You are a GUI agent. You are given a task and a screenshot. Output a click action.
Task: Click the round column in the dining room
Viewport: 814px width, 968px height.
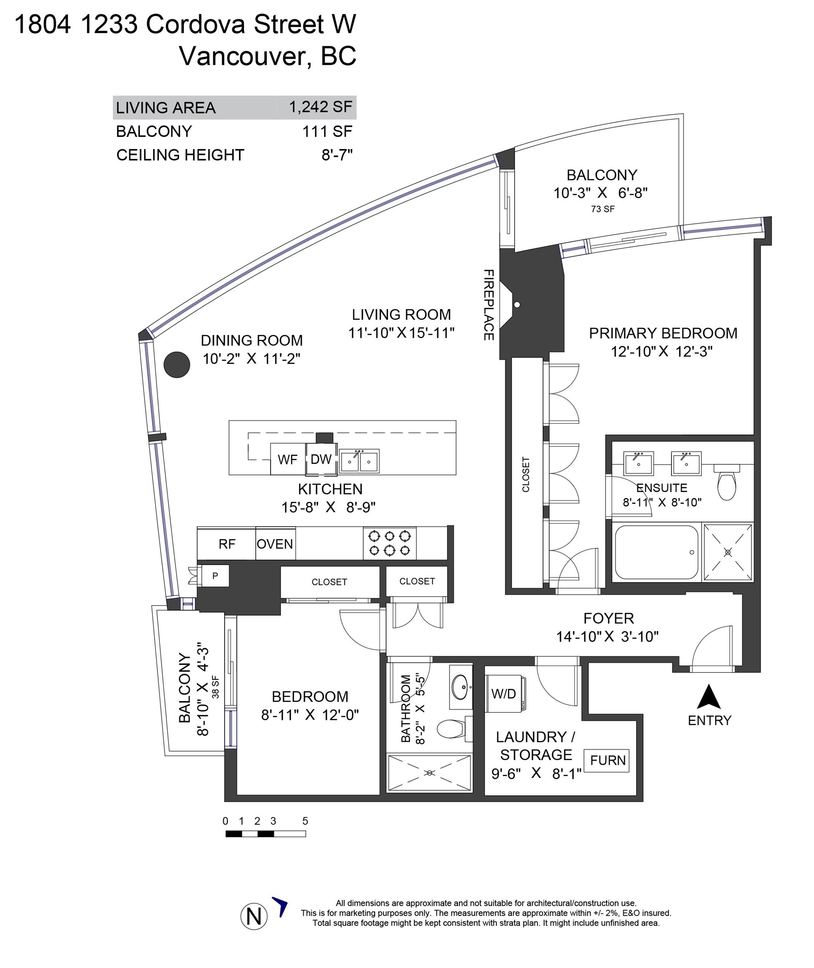[x=177, y=365]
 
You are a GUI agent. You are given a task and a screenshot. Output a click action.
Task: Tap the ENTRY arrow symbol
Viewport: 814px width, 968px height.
[x=709, y=697]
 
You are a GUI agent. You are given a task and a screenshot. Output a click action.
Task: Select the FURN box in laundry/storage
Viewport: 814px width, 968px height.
[x=607, y=760]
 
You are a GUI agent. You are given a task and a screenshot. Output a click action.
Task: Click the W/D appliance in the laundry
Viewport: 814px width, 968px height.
[x=505, y=694]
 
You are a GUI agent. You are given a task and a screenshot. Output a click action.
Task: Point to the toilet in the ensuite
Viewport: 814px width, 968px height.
[x=727, y=481]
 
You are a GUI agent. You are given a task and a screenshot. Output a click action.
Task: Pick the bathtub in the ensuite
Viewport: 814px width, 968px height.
[x=656, y=552]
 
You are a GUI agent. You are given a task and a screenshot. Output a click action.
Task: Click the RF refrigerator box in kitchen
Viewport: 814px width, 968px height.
[x=226, y=544]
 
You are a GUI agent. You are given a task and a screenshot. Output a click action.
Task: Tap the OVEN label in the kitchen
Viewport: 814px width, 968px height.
[x=275, y=544]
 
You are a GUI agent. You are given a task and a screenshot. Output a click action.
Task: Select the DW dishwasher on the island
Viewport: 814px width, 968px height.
[x=321, y=459]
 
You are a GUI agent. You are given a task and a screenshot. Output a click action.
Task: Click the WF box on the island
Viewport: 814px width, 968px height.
[x=287, y=459]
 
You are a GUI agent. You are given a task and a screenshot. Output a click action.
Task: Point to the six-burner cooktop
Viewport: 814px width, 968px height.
[x=389, y=543]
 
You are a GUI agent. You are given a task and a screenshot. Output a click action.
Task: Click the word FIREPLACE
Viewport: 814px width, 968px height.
[x=488, y=305]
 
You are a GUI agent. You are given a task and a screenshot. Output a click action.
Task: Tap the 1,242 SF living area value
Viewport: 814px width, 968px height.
[x=321, y=107]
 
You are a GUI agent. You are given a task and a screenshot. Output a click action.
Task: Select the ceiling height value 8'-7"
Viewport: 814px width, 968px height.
[x=337, y=155]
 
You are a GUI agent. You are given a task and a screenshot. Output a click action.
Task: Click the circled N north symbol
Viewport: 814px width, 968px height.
[x=254, y=916]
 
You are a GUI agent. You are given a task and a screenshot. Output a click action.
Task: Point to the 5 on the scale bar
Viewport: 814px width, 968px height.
[x=305, y=821]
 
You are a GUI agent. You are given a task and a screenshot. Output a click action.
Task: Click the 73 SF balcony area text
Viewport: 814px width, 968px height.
[x=603, y=209]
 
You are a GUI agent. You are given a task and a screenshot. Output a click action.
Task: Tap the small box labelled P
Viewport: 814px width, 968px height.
[x=215, y=576]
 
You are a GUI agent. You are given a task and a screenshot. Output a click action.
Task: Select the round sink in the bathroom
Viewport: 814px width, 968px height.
[x=460, y=687]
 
